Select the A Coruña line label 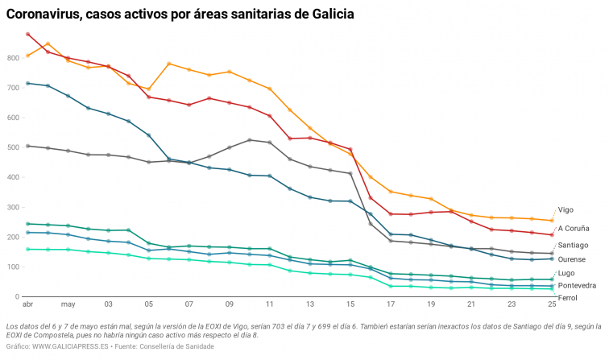[574, 228]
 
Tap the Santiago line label [573, 244]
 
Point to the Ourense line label [572, 259]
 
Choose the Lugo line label [566, 274]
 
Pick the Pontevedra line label [577, 285]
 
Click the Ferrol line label [567, 298]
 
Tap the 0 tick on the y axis [18, 297]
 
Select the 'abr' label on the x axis [27, 305]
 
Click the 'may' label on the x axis [68, 305]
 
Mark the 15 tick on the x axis [350, 305]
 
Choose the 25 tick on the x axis [552, 305]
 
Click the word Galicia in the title [328, 14]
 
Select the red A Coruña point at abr [28, 35]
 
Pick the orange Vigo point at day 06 [169, 64]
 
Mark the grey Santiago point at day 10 [250, 140]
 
